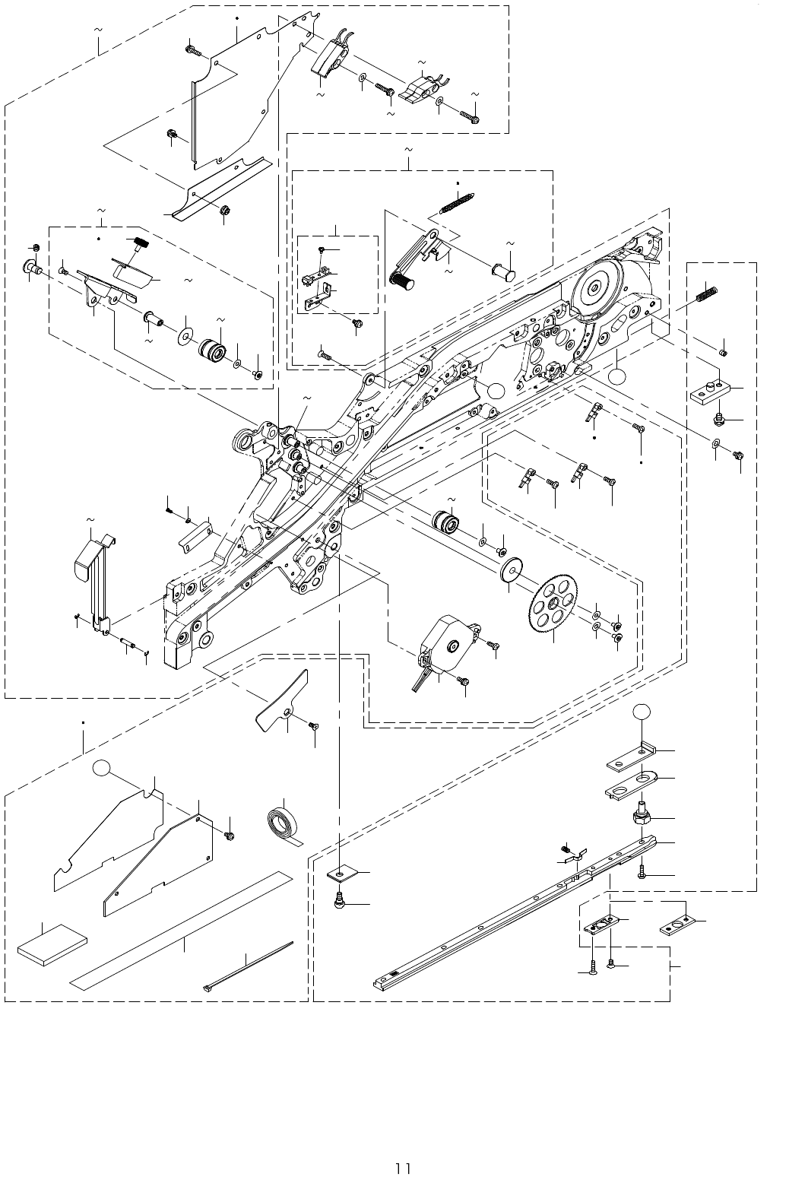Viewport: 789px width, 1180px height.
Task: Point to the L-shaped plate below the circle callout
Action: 631,759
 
